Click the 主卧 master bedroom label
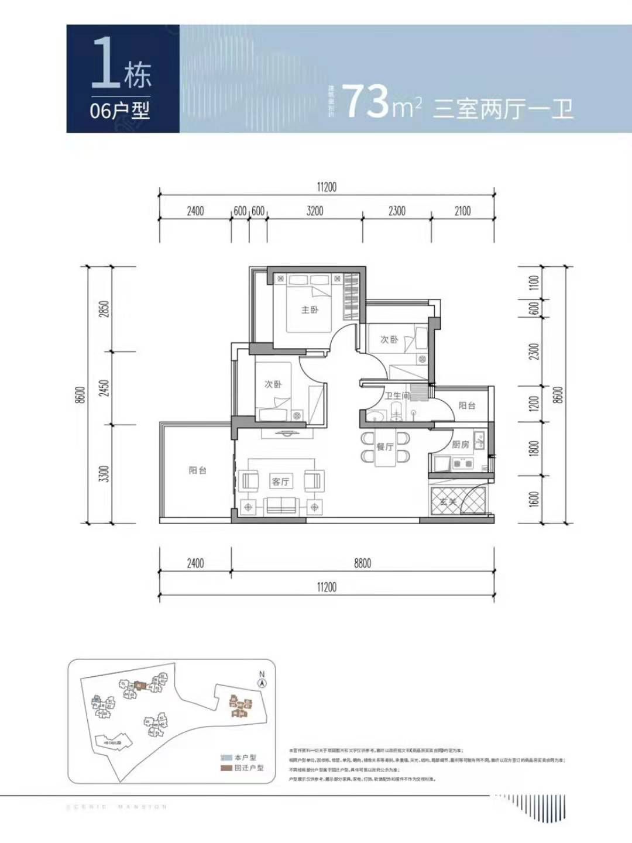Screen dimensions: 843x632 [x=310, y=309]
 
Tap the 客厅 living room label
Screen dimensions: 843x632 [x=280, y=481]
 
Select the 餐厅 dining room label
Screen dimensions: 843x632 [x=384, y=447]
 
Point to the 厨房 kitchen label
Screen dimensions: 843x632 [x=461, y=445]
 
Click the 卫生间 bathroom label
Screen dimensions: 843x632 [x=397, y=396]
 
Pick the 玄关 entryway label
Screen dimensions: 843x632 [x=448, y=501]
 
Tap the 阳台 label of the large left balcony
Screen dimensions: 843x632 [x=197, y=470]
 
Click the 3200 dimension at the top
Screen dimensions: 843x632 [x=315, y=211]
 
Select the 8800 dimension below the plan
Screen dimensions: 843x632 [x=362, y=563]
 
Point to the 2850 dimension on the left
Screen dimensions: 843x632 [x=104, y=309]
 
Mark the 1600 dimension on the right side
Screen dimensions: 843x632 [x=533, y=499]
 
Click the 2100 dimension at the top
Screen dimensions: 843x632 [x=462, y=211]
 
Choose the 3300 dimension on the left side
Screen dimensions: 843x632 [x=104, y=474]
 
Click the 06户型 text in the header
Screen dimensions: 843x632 [x=120, y=110]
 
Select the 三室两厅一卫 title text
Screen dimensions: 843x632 [x=503, y=109]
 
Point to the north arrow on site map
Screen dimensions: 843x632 [x=262, y=680]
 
